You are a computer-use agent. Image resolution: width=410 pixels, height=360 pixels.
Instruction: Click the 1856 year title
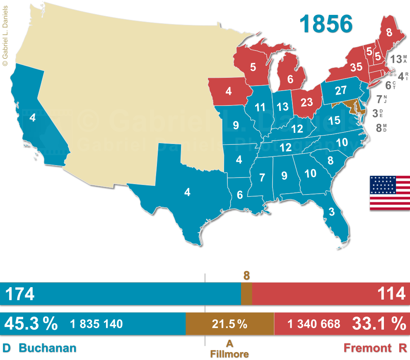tap(326, 24)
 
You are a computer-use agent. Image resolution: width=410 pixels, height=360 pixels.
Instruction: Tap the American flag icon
tap(389, 193)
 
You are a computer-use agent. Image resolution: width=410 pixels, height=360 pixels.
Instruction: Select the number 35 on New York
tap(356, 67)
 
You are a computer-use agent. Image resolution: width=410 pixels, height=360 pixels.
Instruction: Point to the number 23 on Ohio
tap(306, 102)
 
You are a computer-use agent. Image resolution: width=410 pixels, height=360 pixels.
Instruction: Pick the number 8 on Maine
tap(389, 34)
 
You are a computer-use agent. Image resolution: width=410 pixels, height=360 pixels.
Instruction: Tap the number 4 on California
tap(32, 118)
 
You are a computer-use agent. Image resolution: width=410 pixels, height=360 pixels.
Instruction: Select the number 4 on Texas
tap(187, 192)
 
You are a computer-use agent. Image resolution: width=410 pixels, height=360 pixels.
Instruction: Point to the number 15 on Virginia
tap(334, 120)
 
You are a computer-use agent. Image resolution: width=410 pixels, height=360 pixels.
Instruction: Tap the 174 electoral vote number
tap(19, 294)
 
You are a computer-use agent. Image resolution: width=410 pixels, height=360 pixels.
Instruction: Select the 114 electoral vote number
tap(391, 294)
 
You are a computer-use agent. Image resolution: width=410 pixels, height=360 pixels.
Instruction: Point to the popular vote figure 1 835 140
tap(96, 324)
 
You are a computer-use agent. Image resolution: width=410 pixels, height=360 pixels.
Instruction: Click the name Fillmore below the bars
tap(229, 354)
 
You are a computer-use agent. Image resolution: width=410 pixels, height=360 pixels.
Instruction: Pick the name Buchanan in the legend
tap(48, 348)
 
